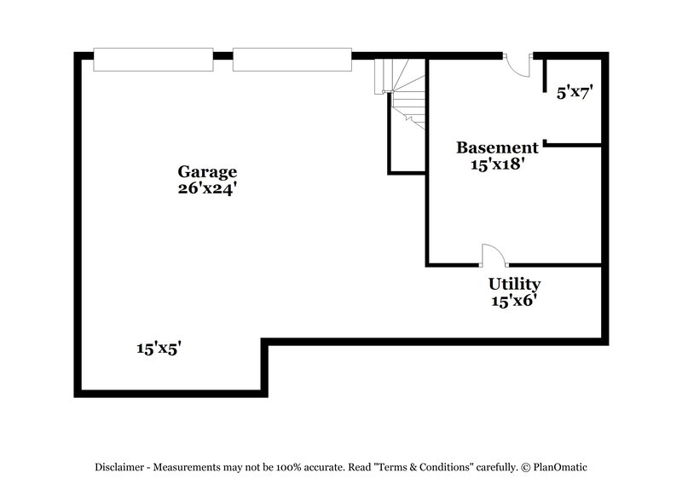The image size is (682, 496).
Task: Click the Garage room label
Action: (207, 171)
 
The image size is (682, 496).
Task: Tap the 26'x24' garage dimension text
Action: (207, 189)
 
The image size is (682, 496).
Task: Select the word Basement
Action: (497, 147)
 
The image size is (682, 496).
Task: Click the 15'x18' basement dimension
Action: (497, 164)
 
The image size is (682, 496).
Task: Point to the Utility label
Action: (514, 284)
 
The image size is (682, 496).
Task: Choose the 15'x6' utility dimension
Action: (514, 300)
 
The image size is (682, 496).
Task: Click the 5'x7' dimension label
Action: (574, 93)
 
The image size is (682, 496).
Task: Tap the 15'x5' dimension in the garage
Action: (159, 348)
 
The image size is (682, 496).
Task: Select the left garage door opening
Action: (153, 60)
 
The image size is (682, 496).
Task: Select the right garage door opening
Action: (292, 60)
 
